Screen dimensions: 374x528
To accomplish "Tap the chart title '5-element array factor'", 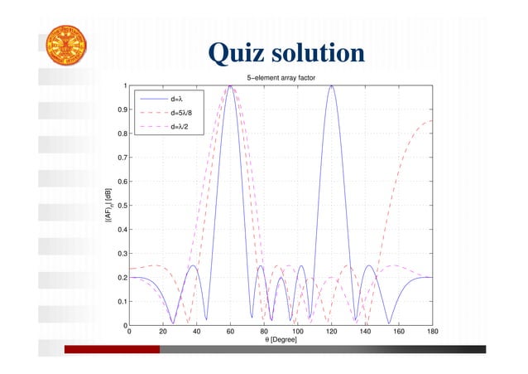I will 281,78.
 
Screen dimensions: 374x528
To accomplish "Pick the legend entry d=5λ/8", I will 181,112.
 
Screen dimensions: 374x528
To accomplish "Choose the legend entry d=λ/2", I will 180,127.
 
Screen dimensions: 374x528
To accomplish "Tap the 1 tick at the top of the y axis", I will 124,85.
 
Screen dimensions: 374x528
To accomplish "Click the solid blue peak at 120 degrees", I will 331,86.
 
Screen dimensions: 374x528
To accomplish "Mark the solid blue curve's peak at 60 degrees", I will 229,86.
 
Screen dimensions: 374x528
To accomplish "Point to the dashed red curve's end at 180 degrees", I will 431,121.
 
